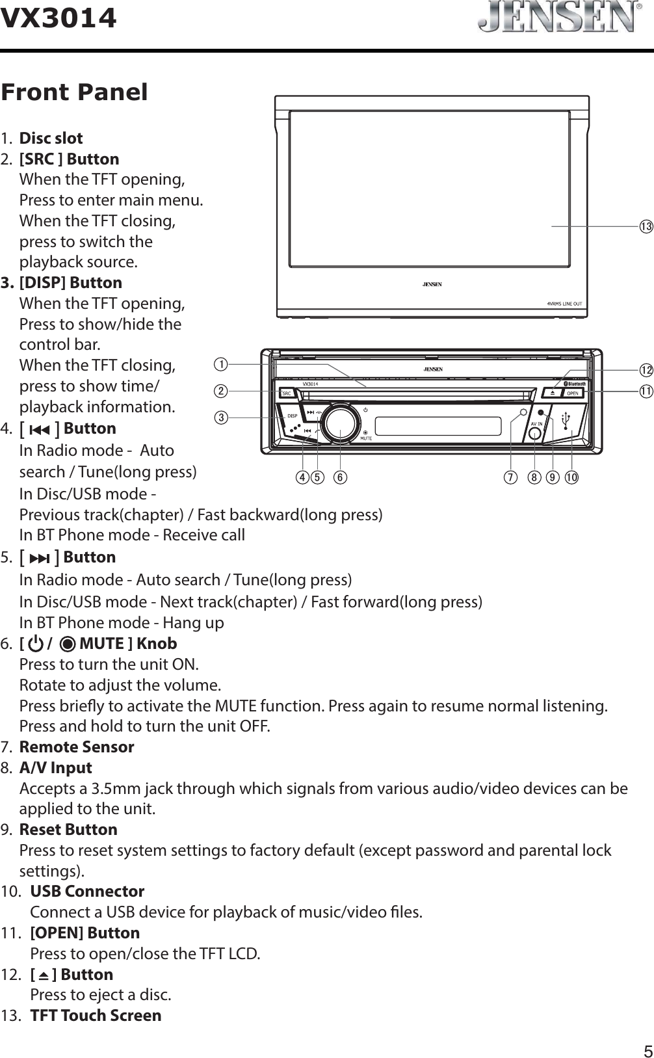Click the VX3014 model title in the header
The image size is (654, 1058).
pyautogui.click(x=59, y=18)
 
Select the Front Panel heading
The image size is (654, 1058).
pyautogui.click(x=74, y=92)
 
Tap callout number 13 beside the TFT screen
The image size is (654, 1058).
pyautogui.click(x=644, y=226)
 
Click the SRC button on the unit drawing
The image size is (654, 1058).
pyautogui.click(x=287, y=393)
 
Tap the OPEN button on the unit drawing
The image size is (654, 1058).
pyautogui.click(x=572, y=393)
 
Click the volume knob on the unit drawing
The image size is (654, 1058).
pyautogui.click(x=340, y=423)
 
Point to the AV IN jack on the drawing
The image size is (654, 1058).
pyautogui.click(x=535, y=435)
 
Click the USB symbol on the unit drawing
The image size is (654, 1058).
pyautogui.click(x=565, y=421)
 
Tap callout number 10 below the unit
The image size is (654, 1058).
pyautogui.click(x=572, y=477)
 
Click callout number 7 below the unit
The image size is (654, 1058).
pyautogui.click(x=511, y=477)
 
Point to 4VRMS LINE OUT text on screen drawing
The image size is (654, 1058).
pyautogui.click(x=564, y=304)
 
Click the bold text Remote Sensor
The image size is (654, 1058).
pyautogui.click(x=77, y=747)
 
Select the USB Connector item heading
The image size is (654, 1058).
pyautogui.click(x=87, y=891)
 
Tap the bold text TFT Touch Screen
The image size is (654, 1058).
pyautogui.click(x=96, y=1015)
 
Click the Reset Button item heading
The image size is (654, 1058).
pyautogui.click(x=68, y=829)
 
